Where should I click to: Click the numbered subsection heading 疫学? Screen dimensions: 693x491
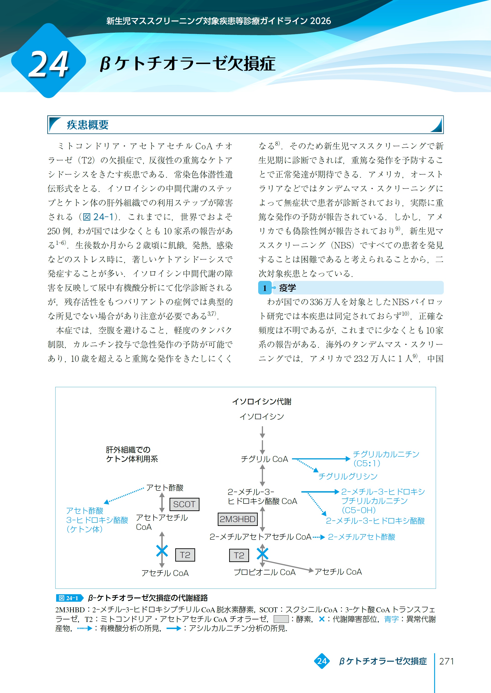pos(287,288)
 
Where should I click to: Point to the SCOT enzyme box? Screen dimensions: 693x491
pos(184,504)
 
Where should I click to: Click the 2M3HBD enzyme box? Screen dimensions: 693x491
pos(238,519)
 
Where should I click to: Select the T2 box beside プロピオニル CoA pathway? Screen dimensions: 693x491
pos(239,555)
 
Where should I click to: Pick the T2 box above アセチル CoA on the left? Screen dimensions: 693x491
pos(185,555)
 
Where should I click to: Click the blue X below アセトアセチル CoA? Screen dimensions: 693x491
pos(162,551)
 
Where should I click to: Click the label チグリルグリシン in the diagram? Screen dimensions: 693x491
pos(348,476)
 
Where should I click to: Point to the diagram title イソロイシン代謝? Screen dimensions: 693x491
pos(262,401)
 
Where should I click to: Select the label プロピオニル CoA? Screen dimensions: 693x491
pos(265,572)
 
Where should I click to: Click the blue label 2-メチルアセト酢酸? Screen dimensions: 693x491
pos(362,537)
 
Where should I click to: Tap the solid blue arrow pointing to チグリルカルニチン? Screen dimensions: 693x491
pos(321,459)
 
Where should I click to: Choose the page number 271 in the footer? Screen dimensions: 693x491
pos(446,661)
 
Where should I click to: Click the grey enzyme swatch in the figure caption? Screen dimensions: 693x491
pos(281,619)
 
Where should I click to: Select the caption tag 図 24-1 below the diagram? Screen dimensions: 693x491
pos(69,598)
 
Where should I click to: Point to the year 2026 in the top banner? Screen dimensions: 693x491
pos(321,21)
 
